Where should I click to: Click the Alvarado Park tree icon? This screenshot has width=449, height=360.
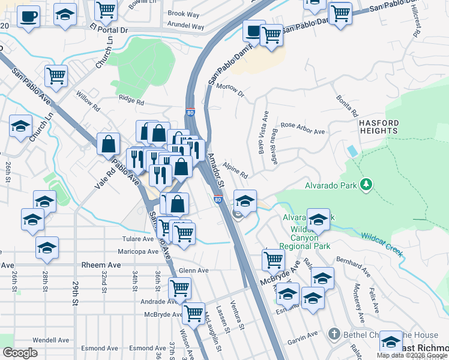click(x=364, y=185)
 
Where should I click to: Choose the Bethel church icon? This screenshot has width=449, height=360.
click(x=334, y=334)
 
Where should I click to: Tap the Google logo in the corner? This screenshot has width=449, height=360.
click(x=20, y=352)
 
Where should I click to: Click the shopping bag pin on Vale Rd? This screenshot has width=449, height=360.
click(x=108, y=145)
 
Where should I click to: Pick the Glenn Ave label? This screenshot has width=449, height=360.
click(x=193, y=271)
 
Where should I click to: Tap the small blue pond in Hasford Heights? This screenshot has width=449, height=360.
click(x=352, y=151)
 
